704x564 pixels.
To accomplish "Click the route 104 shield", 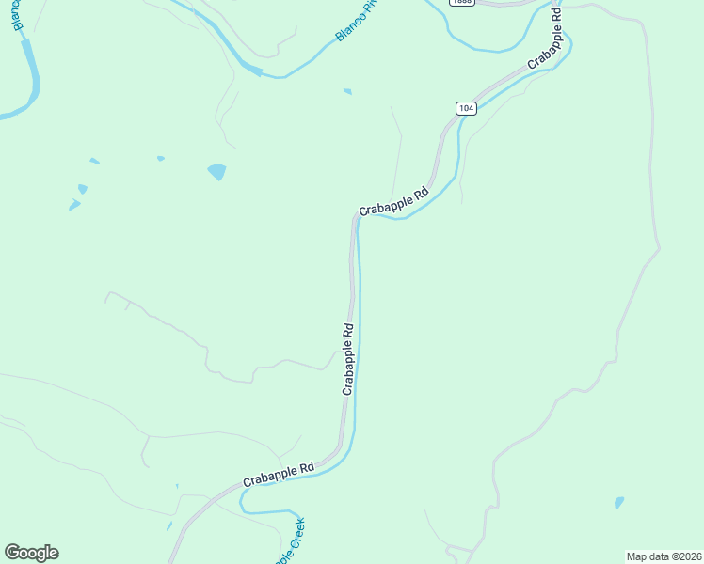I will pyautogui.click(x=466, y=108).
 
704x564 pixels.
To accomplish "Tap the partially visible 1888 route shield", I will pyautogui.click(x=461, y=3).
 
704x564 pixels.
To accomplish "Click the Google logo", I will pyautogui.click(x=31, y=553).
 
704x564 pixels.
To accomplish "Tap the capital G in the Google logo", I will pyautogui.click(x=12, y=552).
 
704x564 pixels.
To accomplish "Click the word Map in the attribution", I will pyautogui.click(x=637, y=556).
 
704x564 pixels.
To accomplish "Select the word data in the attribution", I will pyautogui.click(x=659, y=556).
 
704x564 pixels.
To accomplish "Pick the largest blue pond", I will pyautogui.click(x=216, y=172).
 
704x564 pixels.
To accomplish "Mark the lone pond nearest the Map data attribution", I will pyautogui.click(x=618, y=503).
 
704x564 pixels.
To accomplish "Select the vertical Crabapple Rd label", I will pyautogui.click(x=347, y=359).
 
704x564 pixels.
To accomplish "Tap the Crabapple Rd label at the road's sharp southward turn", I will pyautogui.click(x=393, y=201).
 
